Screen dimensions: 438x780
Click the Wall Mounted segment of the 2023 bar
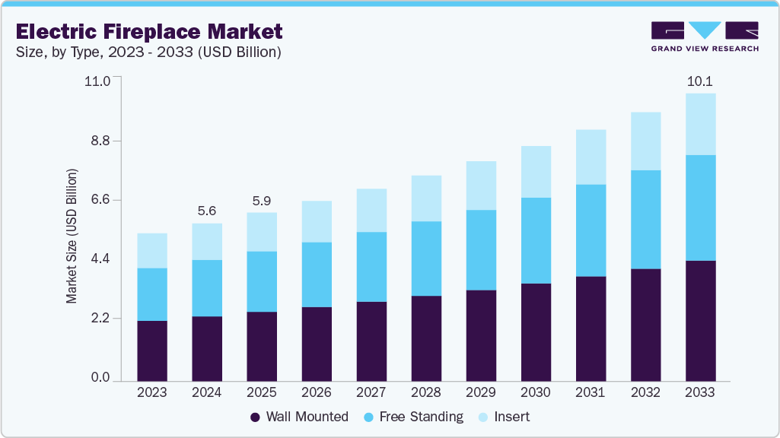(x=152, y=351)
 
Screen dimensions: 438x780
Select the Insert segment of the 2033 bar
(x=700, y=124)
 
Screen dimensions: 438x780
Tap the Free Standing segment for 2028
(x=426, y=259)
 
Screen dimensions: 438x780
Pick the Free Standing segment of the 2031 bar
(x=591, y=230)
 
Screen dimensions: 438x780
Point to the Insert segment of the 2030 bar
(x=536, y=172)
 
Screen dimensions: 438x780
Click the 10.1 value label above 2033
(x=699, y=81)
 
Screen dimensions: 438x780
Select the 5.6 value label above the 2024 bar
(x=207, y=211)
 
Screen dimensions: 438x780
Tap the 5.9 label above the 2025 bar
(x=262, y=201)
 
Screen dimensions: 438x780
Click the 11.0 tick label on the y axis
(x=100, y=81)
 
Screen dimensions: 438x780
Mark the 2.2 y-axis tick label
(x=101, y=318)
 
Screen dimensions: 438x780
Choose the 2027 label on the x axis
(x=371, y=392)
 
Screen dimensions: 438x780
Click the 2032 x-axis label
(x=645, y=392)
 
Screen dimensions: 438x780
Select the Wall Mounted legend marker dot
(x=256, y=417)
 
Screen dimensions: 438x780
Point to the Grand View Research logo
(x=705, y=36)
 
